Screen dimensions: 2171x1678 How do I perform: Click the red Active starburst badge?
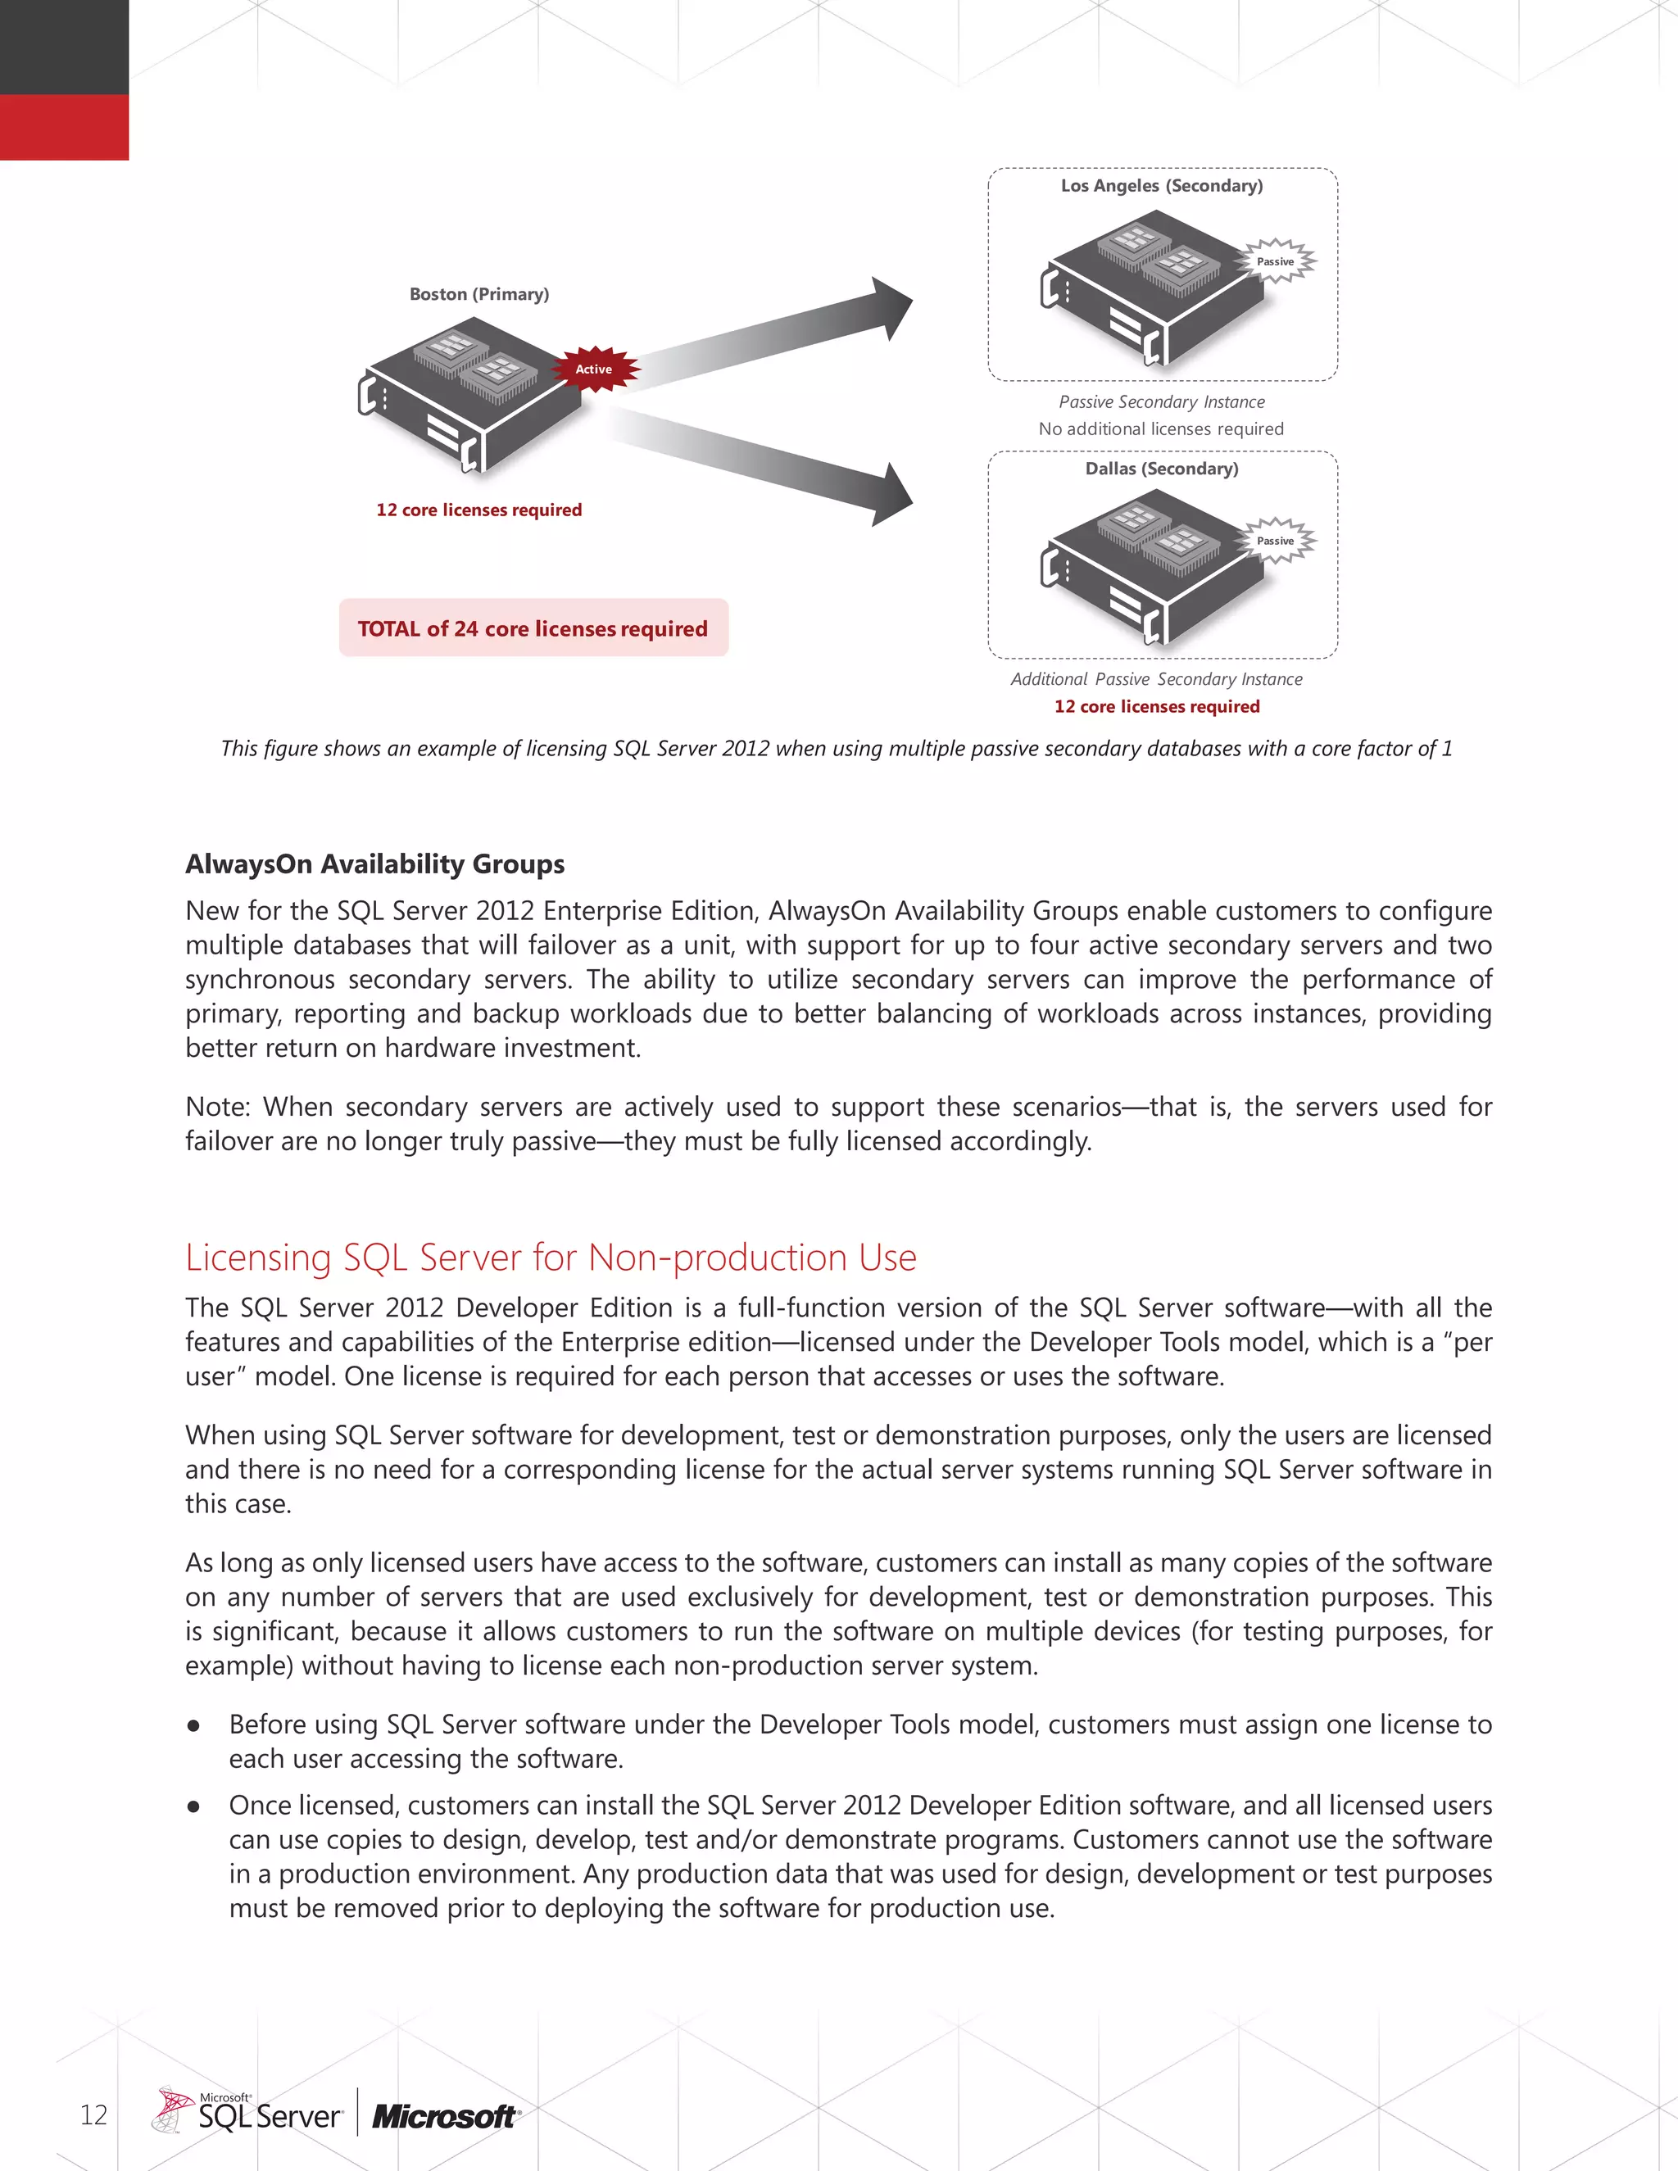[x=595, y=369]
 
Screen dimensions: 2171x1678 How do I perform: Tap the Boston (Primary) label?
[x=479, y=294]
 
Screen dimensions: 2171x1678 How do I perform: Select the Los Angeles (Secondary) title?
[x=1161, y=186]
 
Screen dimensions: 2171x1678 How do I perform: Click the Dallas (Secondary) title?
[x=1161, y=468]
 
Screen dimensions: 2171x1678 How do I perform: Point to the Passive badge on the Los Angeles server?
[x=1276, y=261]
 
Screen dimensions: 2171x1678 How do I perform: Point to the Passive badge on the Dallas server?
[x=1276, y=541]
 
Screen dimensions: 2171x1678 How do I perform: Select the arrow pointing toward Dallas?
[x=775, y=462]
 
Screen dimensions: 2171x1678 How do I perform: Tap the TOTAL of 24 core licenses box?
[x=533, y=628]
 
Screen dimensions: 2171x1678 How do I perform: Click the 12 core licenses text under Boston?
[x=479, y=510]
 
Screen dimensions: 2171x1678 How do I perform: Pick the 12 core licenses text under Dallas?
[x=1156, y=707]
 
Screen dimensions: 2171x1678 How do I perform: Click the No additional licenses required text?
[x=1161, y=428]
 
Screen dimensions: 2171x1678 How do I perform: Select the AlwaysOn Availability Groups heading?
[x=374, y=863]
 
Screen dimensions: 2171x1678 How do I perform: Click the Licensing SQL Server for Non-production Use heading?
[x=551, y=1258]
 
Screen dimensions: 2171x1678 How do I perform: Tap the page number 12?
[x=93, y=2114]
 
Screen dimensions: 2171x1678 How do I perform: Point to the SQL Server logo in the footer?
[x=248, y=2112]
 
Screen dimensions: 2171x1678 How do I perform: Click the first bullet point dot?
[x=194, y=1725]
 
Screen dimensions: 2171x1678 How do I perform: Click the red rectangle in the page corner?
[x=64, y=127]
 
